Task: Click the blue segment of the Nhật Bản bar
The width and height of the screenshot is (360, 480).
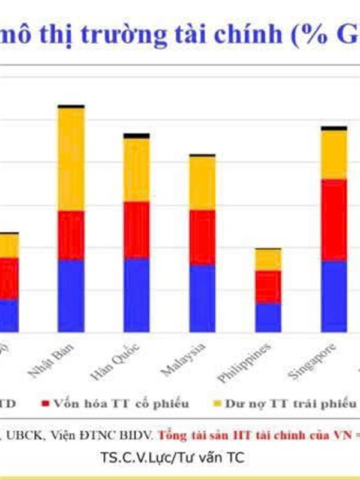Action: [71, 295]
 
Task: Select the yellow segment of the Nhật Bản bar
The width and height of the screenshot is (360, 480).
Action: [71, 159]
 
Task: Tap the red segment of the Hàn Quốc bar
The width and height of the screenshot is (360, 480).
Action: [136, 230]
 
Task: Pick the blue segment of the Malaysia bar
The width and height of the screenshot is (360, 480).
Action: [202, 298]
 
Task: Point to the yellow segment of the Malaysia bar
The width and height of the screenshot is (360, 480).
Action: [202, 183]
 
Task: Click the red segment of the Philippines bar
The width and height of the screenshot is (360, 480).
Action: [268, 286]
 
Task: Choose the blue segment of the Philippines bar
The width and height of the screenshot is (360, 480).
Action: [268, 317]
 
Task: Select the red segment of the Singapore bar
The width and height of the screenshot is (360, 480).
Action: [334, 220]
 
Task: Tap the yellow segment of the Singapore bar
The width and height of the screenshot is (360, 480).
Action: [334, 154]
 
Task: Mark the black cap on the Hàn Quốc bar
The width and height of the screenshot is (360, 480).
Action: [136, 136]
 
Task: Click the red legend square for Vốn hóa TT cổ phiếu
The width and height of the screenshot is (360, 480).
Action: [46, 403]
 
